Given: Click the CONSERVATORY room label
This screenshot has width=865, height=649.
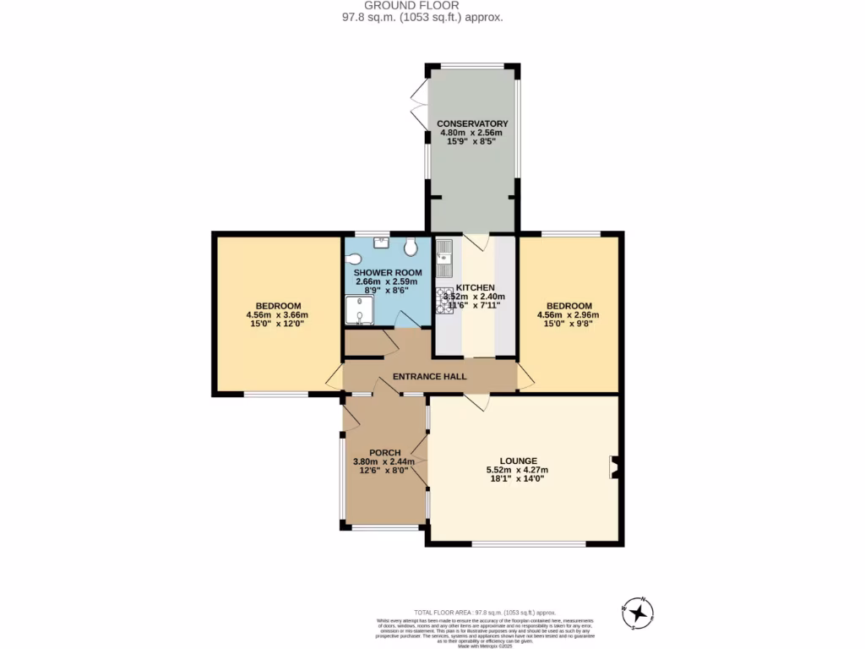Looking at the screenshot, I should pos(472,123).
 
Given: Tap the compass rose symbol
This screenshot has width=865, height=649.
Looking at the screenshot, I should pos(638,613).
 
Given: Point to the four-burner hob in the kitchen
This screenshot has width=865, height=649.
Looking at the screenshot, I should pos(444,300).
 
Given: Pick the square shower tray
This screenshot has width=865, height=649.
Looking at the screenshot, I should pos(359,309).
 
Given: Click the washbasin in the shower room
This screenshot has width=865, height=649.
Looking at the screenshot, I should pos(380,242).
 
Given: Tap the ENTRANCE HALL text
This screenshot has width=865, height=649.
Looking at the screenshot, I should pos(429,376).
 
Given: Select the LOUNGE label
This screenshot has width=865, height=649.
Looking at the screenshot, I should pos(517,461).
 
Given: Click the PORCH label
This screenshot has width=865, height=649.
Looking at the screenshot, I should pos(384,452).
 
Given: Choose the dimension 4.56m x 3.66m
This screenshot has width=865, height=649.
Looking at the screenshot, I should pos(277,315).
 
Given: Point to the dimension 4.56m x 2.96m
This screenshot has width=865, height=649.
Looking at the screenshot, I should pos(569,315).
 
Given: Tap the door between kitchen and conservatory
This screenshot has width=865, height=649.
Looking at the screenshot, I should pos(475,242).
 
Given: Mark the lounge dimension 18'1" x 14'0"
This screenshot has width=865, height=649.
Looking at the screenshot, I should pos(517,479).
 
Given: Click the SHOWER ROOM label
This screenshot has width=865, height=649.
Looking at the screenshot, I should pos(388,272).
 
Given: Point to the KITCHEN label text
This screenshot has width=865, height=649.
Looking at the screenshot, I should pos(475,287).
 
